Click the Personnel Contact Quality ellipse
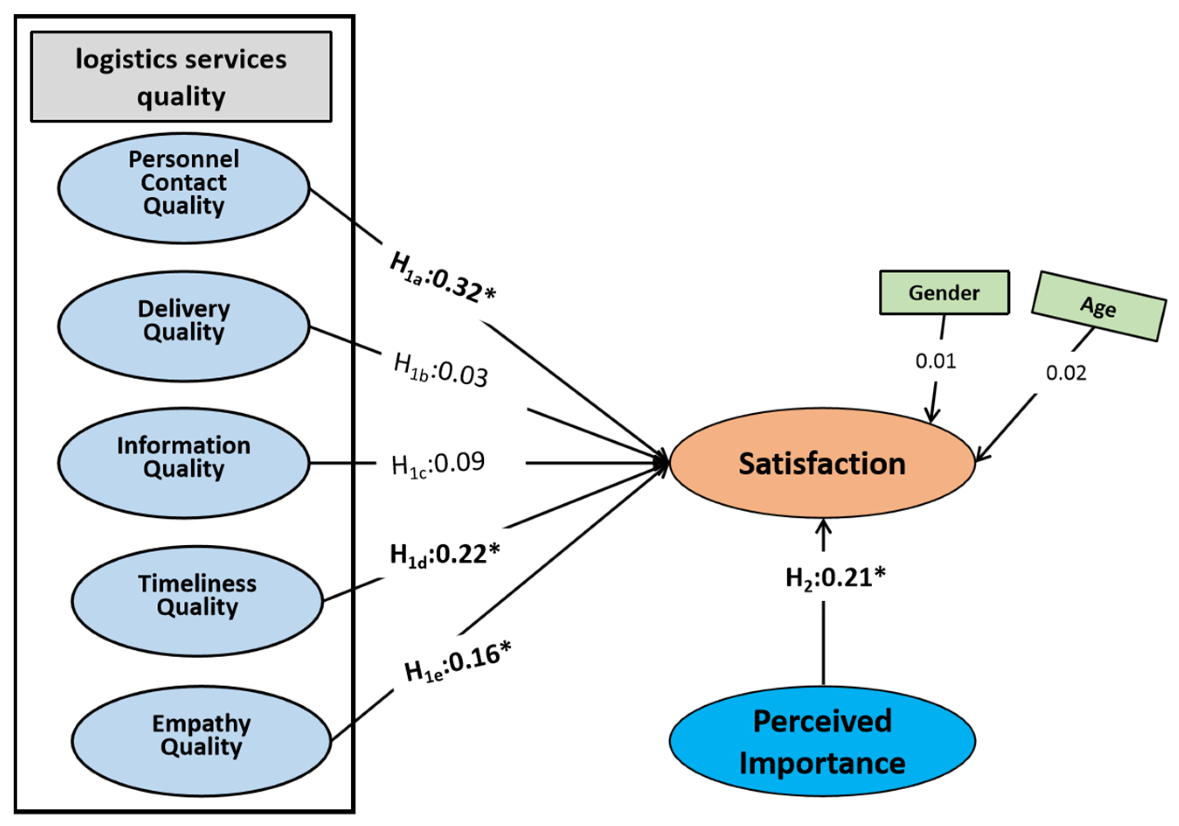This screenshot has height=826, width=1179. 184,188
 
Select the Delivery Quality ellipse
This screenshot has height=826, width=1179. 184,326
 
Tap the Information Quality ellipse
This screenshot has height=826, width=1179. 184,463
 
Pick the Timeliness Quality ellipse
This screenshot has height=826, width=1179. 197,601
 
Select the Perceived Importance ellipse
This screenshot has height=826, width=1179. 822,741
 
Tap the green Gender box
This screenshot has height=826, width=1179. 944,293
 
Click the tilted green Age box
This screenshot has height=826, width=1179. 1098,307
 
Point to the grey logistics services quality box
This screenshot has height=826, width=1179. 181,77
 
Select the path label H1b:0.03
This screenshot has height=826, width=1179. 440,370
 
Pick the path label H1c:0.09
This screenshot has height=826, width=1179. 438,464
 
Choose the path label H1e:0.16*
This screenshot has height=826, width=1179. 458,662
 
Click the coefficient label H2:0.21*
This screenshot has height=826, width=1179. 836,579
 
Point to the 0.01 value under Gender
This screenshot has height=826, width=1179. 936,361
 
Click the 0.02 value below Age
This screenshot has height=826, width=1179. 1066,373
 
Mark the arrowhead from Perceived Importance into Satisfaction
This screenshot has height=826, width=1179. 824,526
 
